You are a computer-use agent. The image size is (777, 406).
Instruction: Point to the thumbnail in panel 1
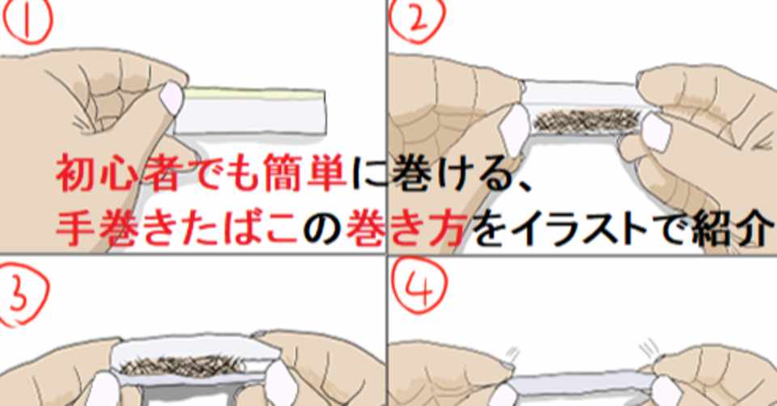(x=172, y=97)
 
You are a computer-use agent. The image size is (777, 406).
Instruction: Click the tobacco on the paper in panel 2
(x=588, y=121)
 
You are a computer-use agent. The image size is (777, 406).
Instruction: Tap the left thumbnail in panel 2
(x=515, y=128)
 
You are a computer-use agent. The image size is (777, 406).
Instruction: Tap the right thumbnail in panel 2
(x=655, y=133)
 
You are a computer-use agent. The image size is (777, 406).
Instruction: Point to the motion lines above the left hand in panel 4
(x=513, y=353)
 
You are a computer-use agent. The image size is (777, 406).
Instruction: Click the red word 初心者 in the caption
(x=117, y=173)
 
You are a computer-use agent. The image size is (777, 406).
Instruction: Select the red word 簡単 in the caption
(x=304, y=173)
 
